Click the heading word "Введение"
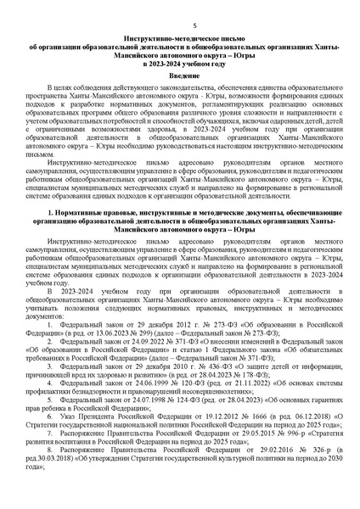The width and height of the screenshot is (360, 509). click(180, 76)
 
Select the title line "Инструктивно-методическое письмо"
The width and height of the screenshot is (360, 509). click(180, 39)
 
